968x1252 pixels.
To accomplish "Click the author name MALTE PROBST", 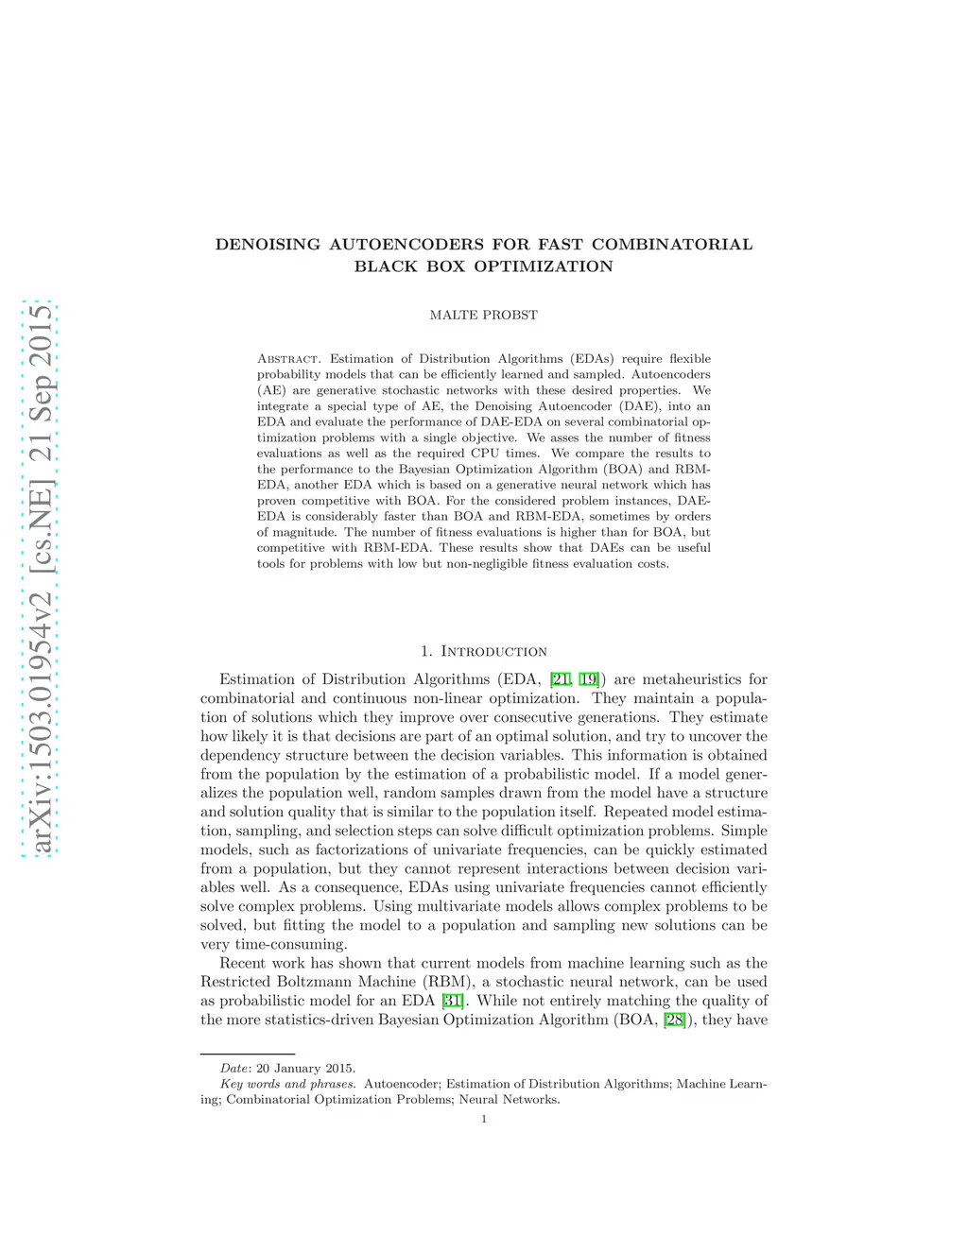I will click(483, 315).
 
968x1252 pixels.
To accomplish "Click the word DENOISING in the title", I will click(268, 244).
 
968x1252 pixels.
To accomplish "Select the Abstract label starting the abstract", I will click(287, 359).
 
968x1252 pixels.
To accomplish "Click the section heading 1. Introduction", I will click(483, 651).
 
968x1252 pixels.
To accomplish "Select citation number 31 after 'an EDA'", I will click(452, 1001).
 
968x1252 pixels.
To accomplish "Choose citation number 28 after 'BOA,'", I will click(674, 1020).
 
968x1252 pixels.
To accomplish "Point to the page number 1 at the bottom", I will click(484, 1120).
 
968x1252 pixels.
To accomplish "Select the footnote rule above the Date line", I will click(248, 1053).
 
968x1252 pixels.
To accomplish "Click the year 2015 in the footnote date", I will click(339, 1068).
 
